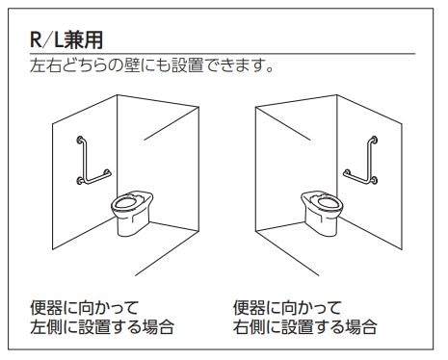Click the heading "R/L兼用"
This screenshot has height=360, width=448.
tap(66, 40)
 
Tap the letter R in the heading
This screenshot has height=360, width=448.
tap(36, 40)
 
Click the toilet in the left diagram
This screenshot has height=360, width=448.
tap(132, 213)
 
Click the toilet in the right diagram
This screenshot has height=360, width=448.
tap(322, 213)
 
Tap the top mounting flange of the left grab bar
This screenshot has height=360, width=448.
tap(80, 140)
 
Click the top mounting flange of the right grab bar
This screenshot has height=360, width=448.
tap(374, 140)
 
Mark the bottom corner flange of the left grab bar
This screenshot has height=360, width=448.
tap(80, 182)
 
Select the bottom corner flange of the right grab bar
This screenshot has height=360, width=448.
tap(374, 181)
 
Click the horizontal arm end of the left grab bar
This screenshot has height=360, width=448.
tap(108, 172)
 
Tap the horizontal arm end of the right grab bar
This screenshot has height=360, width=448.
tap(346, 172)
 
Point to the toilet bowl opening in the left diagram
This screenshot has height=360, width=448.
tap(125, 202)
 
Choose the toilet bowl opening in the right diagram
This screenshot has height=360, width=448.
tap(329, 202)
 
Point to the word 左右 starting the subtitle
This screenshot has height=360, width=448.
tap(45, 65)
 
